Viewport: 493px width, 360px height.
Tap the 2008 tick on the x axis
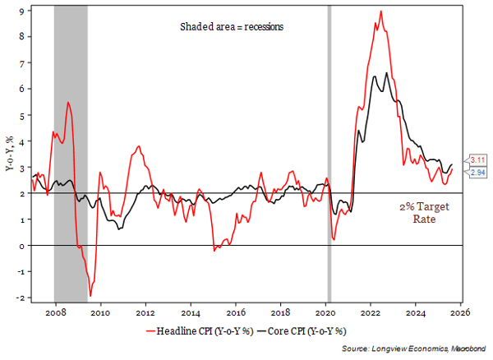(x=55, y=313)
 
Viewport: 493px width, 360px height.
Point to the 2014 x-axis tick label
(x=190, y=313)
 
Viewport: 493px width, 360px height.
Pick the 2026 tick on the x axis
(x=459, y=313)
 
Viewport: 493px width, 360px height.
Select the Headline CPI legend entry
(x=192, y=333)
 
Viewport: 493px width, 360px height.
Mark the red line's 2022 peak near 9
(x=380, y=11)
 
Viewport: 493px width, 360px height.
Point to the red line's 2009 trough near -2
(x=90, y=296)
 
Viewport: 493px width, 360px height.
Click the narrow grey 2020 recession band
(x=329, y=156)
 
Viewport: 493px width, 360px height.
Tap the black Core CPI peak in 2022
(x=386, y=73)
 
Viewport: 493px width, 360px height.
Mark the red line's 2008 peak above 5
(x=68, y=102)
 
